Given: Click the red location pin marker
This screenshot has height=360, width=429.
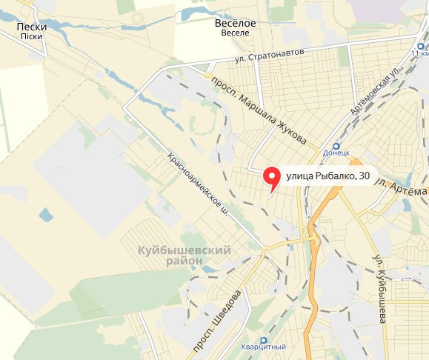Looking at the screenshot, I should pos(272,177).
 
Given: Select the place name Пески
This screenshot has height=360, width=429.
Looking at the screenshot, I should pos(31,27).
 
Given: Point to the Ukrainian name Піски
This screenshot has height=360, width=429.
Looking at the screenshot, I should pos(31,36).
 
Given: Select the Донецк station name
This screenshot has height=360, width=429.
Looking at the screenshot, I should pos(336,157).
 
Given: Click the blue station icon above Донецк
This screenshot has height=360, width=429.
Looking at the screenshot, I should pos(337,147).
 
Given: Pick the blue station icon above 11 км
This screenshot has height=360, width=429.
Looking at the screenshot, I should pos(419,45).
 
